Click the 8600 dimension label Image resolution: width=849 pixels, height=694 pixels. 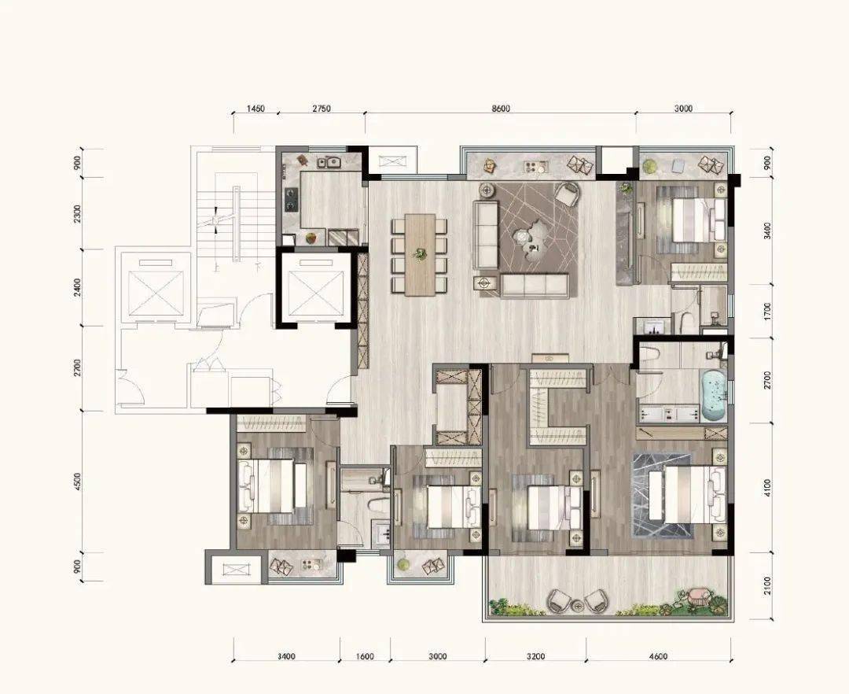click(501, 109)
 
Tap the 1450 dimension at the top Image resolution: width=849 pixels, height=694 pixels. click(255, 109)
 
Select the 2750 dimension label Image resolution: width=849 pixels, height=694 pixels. click(321, 109)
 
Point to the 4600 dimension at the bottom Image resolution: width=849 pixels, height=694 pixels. click(659, 656)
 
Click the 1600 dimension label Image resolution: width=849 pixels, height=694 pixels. click(365, 656)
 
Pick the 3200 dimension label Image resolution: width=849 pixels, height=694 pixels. click(535, 656)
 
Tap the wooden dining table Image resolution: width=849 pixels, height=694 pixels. click(420, 255)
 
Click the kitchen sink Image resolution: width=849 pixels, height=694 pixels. click(329, 161)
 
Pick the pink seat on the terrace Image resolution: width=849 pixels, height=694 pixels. click(696, 596)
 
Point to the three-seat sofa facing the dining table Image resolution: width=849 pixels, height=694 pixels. click(486, 234)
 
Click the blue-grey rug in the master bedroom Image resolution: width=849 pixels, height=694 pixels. click(663, 496)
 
